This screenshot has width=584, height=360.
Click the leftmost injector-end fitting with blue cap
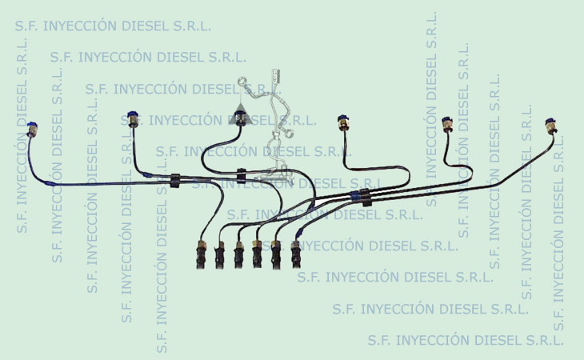click(32, 130)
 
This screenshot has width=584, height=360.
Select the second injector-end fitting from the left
click(132, 118)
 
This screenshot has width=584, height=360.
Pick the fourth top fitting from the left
click(344, 123)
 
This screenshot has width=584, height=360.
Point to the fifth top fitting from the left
click(447, 125)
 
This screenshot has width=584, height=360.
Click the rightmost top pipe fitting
click(550, 126)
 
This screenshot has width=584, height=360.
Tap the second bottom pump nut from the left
click(219, 255)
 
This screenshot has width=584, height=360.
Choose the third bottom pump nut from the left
click(238, 254)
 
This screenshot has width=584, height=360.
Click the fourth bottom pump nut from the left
click(257, 254)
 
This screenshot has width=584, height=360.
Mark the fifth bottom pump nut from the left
click(276, 254)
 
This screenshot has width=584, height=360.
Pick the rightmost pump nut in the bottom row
click(296, 254)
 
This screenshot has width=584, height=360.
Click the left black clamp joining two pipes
click(175, 181)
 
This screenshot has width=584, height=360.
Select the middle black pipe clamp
click(242, 175)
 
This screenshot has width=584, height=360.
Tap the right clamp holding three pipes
click(366, 197)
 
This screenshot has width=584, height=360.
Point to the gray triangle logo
click(241, 114)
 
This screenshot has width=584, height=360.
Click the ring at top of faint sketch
click(242, 81)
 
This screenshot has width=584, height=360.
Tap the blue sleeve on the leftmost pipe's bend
click(49, 182)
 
